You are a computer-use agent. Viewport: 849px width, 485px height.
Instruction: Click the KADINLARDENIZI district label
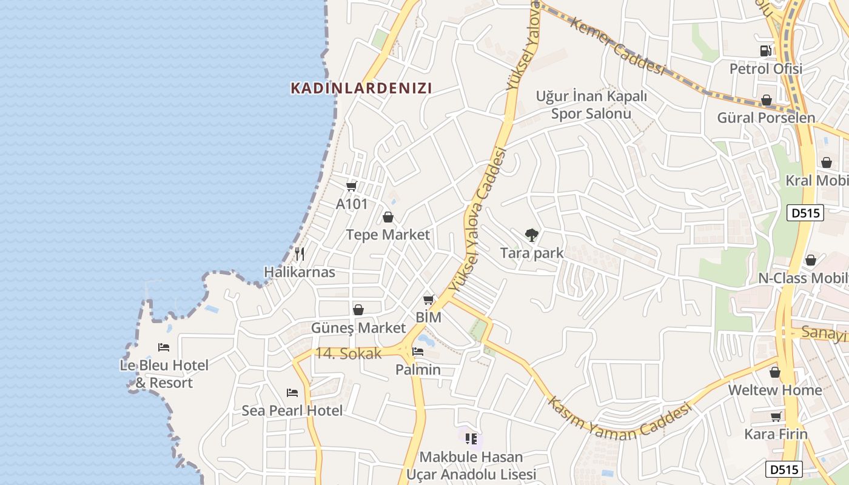pyautogui.click(x=361, y=89)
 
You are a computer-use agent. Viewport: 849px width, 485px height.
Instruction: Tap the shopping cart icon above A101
pyautogui.click(x=351, y=186)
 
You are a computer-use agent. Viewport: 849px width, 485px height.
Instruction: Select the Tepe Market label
pyautogui.click(x=388, y=235)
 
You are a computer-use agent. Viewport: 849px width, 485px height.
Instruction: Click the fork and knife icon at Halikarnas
pyautogui.click(x=299, y=254)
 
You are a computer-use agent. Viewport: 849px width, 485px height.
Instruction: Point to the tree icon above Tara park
pyautogui.click(x=531, y=235)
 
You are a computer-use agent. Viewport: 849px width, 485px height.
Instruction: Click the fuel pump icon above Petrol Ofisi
pyautogui.click(x=766, y=51)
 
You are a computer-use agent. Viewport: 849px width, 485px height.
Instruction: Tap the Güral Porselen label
pyautogui.click(x=766, y=118)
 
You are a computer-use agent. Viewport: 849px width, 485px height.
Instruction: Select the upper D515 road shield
pyautogui.click(x=805, y=213)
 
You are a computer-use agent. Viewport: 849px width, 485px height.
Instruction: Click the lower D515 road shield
pyautogui.click(x=784, y=469)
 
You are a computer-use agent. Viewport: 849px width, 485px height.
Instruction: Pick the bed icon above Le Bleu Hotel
pyautogui.click(x=164, y=347)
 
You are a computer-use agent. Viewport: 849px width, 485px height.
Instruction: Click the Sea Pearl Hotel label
pyautogui.click(x=292, y=410)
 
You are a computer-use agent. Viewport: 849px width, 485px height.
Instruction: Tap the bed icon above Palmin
pyautogui.click(x=418, y=352)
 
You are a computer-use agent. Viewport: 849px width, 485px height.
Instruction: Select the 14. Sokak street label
pyautogui.click(x=349, y=353)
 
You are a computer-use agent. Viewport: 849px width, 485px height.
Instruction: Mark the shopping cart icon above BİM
pyautogui.click(x=429, y=299)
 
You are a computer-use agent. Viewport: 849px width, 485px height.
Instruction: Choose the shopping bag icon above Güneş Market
pyautogui.click(x=358, y=310)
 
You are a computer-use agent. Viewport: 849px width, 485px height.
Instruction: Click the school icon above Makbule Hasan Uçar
pyautogui.click(x=471, y=438)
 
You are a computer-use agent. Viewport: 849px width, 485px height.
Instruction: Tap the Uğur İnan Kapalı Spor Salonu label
pyautogui.click(x=591, y=105)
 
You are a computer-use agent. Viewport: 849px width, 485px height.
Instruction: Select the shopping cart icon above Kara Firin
pyautogui.click(x=776, y=416)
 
